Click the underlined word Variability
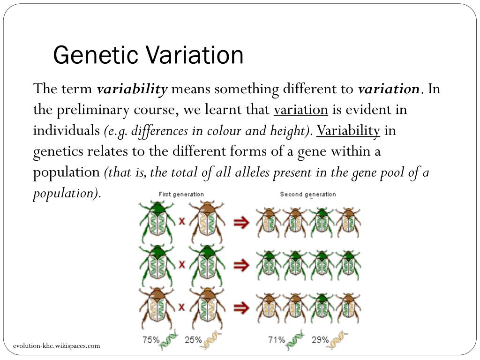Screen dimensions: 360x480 point(348,130)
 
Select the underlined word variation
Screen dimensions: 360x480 point(301,110)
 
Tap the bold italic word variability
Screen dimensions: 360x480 point(132,89)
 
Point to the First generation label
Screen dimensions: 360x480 point(181,194)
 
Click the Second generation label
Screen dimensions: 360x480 point(308,194)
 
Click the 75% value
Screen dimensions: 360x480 point(151,340)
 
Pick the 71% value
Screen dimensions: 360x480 point(277,340)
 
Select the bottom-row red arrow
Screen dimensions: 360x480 point(241,308)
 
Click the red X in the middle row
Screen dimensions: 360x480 point(181,265)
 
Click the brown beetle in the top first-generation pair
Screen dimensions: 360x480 point(206,222)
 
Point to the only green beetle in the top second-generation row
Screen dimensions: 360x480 point(322,222)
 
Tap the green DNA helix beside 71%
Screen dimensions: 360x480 point(295,340)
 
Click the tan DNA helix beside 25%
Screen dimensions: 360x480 point(212,340)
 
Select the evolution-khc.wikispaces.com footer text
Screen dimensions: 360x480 point(57,346)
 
